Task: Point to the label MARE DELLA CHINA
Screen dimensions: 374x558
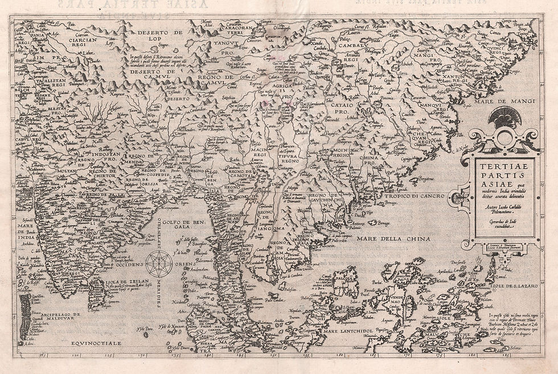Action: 393,239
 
